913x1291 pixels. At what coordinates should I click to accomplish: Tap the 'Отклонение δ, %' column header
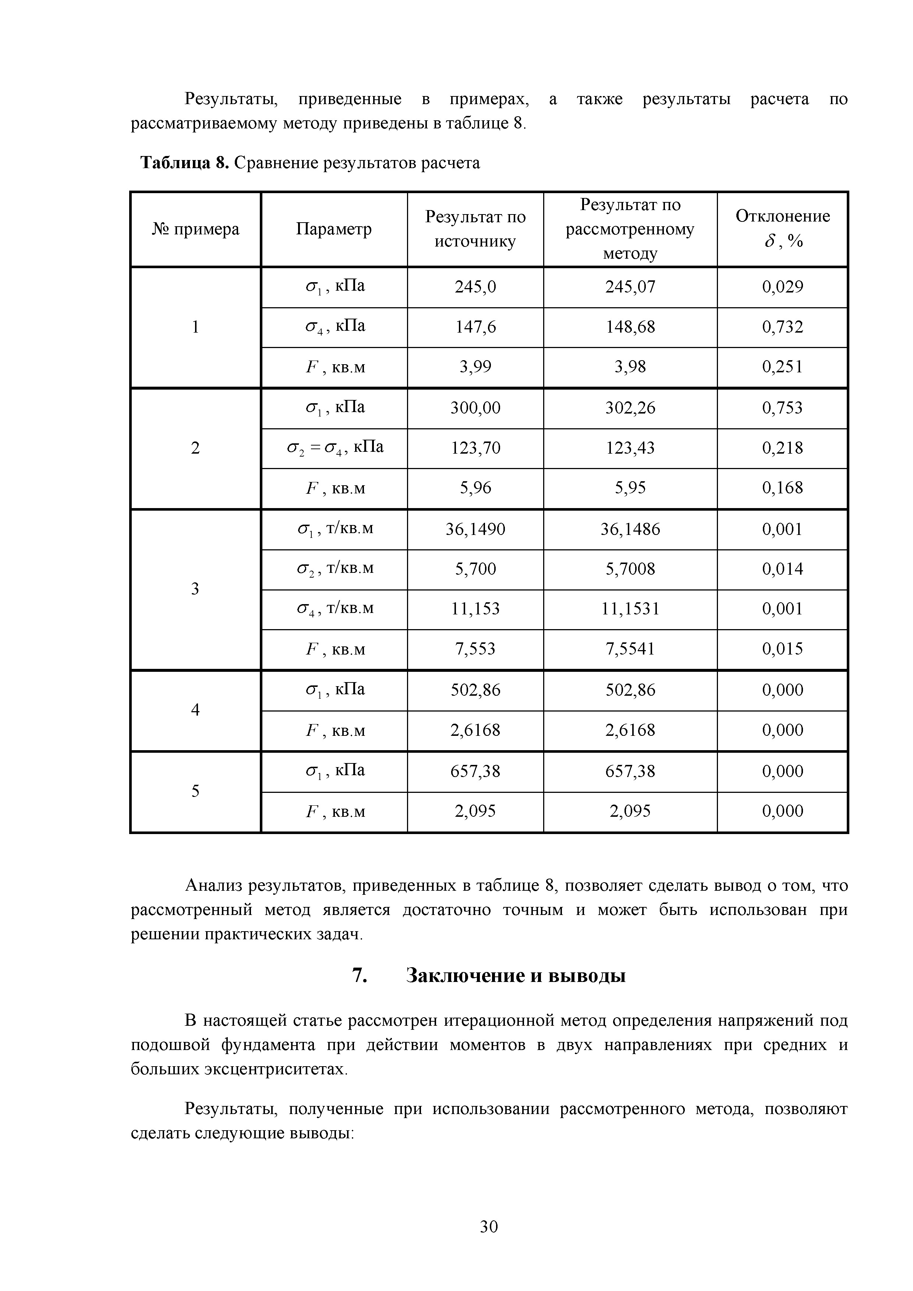tap(782, 229)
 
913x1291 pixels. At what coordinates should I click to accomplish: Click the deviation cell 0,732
tap(782, 327)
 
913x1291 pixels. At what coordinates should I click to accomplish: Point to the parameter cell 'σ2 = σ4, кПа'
tap(335, 448)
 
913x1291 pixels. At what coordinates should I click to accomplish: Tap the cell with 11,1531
tap(630, 609)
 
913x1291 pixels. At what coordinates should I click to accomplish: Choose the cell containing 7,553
tap(475, 649)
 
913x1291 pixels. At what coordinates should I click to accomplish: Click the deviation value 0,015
tap(782, 649)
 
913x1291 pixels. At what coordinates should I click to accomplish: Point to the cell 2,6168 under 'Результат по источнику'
tap(475, 730)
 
